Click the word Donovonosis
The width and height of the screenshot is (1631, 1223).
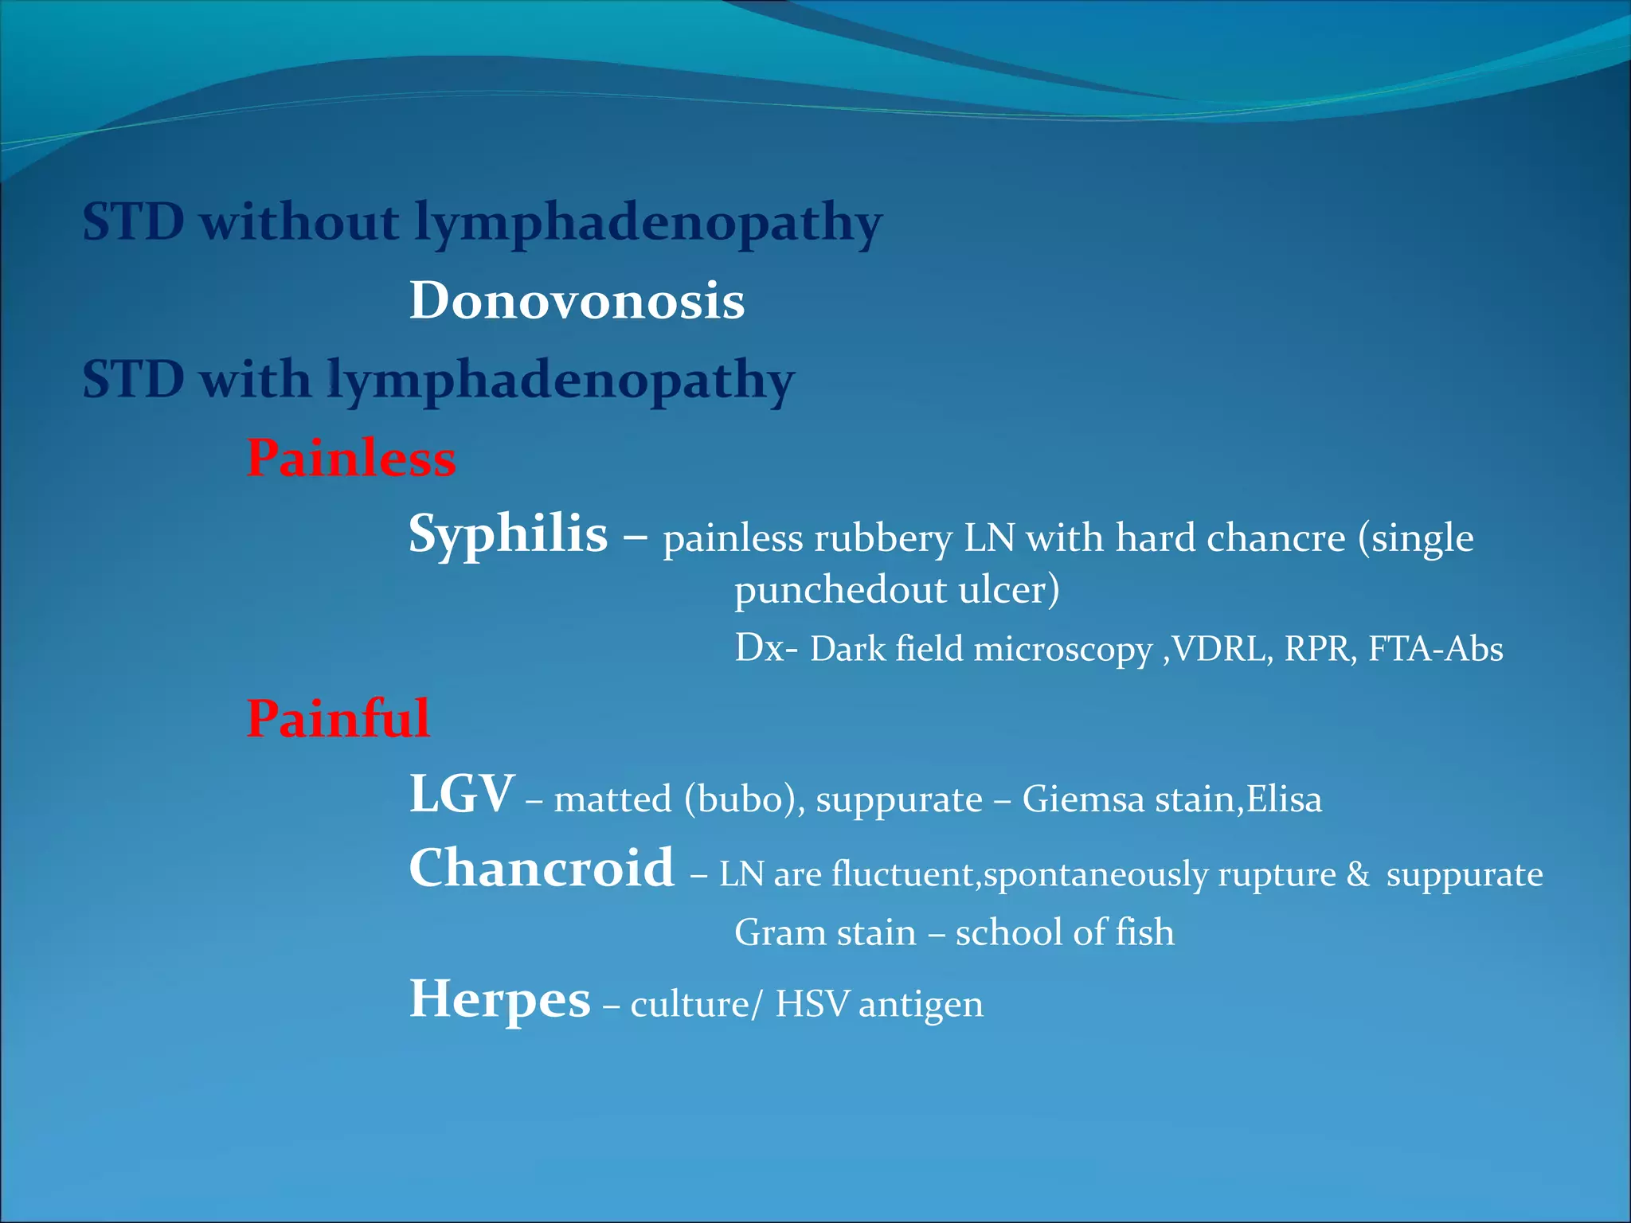click(x=577, y=301)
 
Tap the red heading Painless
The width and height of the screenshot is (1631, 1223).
click(x=351, y=459)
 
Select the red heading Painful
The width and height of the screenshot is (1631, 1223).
click(x=338, y=718)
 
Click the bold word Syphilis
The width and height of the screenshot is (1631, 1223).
click(x=508, y=533)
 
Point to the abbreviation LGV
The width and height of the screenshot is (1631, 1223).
click(x=462, y=794)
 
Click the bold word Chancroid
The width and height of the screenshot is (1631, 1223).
click(x=542, y=868)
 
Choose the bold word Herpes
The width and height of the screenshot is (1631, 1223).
click(x=499, y=998)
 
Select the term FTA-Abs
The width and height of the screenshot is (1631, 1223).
click(x=1435, y=649)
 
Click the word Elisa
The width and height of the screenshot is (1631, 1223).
click(x=1284, y=799)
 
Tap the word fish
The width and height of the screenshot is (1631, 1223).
click(x=1144, y=932)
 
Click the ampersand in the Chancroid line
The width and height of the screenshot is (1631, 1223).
click(x=1358, y=874)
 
